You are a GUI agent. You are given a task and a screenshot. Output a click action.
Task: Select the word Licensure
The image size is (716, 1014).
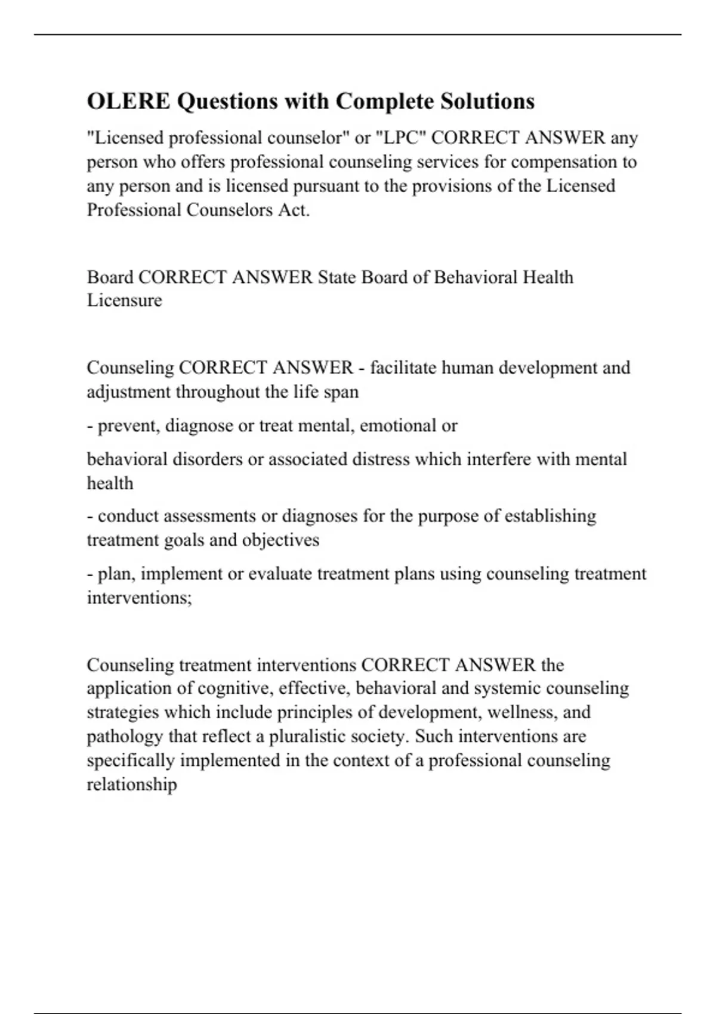pos(124,300)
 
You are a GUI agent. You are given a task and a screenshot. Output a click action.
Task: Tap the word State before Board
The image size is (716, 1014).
pos(337,277)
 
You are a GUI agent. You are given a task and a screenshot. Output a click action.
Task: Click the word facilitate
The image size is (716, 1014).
pos(403,367)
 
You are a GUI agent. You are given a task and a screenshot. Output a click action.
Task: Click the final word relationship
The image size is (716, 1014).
pos(132,784)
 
